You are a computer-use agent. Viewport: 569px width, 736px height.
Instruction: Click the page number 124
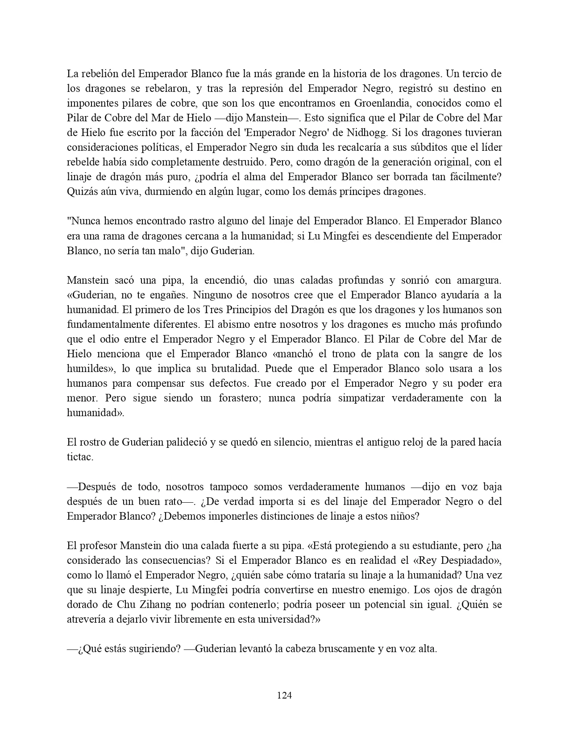284,695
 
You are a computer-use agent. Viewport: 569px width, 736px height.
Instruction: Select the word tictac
80,457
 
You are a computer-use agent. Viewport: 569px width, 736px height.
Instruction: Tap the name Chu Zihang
141,604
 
